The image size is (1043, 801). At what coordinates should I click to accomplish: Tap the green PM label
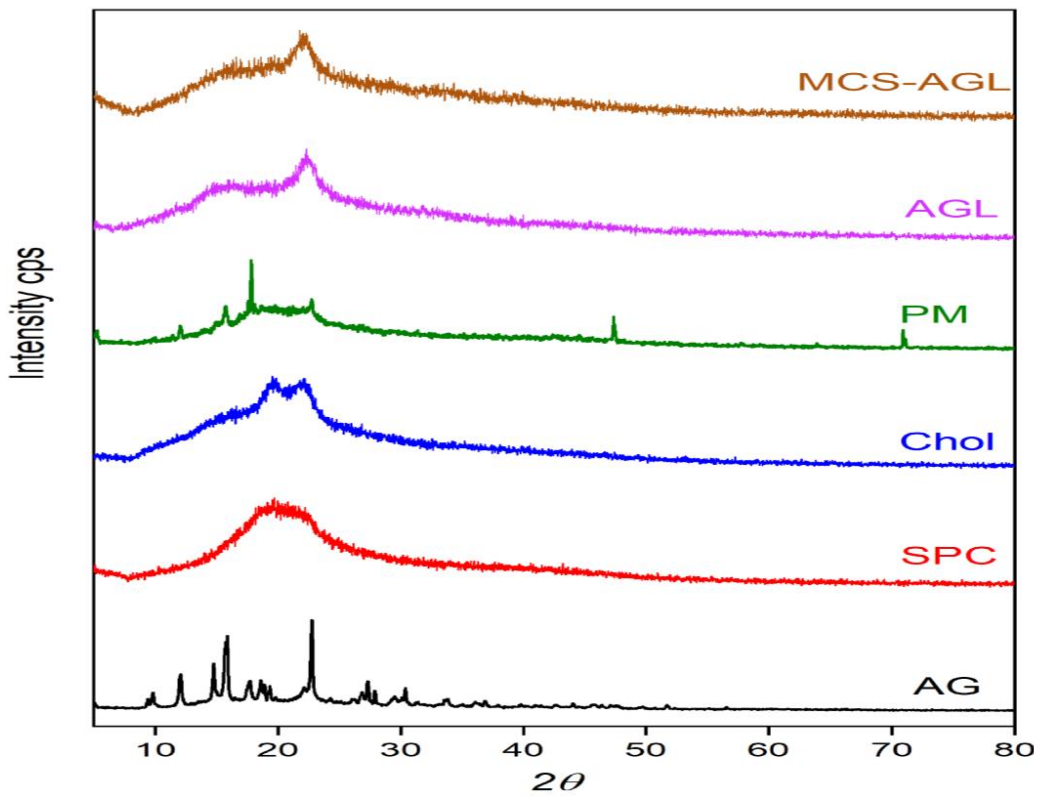click(x=934, y=314)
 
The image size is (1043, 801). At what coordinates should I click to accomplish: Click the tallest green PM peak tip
click(x=251, y=261)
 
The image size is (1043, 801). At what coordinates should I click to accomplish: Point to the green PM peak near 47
click(x=614, y=317)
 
